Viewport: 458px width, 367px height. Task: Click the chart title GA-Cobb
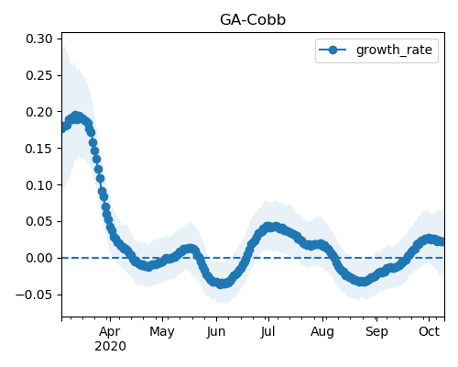pyautogui.click(x=253, y=20)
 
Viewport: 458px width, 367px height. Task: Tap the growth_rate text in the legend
pyautogui.click(x=394, y=50)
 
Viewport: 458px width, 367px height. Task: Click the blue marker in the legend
pyautogui.click(x=333, y=50)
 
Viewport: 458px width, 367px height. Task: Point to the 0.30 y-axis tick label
pyautogui.click(x=39, y=39)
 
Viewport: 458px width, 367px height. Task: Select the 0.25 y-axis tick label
pyautogui.click(x=39, y=75)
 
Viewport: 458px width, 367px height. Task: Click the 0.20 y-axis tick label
pyautogui.click(x=39, y=112)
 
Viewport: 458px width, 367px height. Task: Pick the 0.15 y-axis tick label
pyautogui.click(x=39, y=149)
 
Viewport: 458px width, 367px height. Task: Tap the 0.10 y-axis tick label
pyautogui.click(x=39, y=185)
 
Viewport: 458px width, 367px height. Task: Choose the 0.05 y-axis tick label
pyautogui.click(x=39, y=221)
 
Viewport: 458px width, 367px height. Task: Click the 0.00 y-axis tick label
pyautogui.click(x=39, y=258)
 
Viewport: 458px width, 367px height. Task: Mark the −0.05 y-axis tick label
pyautogui.click(x=34, y=295)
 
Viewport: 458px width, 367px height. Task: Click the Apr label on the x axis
pyautogui.click(x=110, y=332)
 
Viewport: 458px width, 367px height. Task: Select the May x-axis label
pyautogui.click(x=162, y=332)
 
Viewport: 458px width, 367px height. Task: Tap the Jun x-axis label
pyautogui.click(x=216, y=332)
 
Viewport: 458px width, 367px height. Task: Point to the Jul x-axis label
pyautogui.click(x=268, y=332)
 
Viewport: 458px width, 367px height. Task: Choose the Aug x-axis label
pyautogui.click(x=322, y=332)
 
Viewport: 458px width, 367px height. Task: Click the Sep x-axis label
pyautogui.click(x=376, y=332)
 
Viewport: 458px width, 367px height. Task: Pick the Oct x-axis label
pyautogui.click(x=429, y=331)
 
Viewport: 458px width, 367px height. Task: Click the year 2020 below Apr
pyautogui.click(x=110, y=347)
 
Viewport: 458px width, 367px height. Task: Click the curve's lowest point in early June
pyautogui.click(x=222, y=284)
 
